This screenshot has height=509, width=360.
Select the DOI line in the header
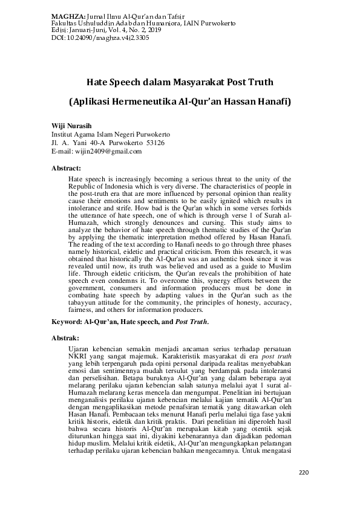(93, 37)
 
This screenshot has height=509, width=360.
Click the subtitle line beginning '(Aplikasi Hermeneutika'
(180, 102)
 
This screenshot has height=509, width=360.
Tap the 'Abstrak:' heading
(65, 337)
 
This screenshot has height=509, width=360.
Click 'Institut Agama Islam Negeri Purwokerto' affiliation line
(111, 134)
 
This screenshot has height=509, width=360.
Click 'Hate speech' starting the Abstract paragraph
(85, 180)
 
